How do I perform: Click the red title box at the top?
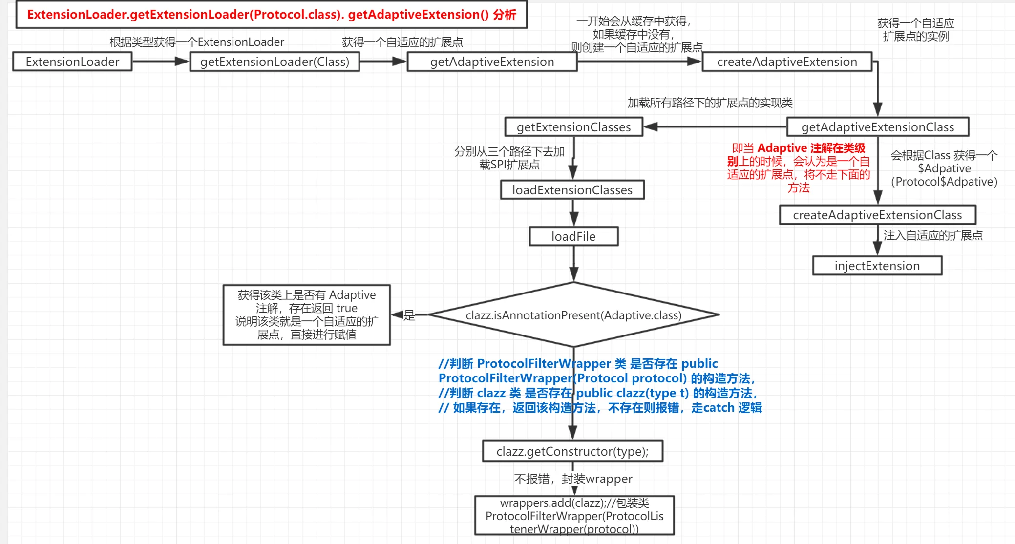(272, 15)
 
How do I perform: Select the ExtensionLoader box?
(72, 62)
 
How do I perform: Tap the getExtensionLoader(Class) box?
(275, 62)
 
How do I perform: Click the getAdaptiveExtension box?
(492, 62)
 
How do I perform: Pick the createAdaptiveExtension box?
(787, 62)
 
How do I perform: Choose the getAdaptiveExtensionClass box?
(877, 127)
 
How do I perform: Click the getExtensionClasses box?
(573, 127)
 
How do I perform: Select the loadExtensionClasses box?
(572, 190)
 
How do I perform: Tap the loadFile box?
(573, 236)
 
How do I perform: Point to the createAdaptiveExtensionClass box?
(877, 215)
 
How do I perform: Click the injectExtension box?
(877, 266)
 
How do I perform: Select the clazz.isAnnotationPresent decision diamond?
(573, 315)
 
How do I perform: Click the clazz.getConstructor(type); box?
(572, 451)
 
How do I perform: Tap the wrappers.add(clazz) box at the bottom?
(574, 516)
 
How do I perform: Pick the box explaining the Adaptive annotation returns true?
(306, 315)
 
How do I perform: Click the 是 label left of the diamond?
(409, 315)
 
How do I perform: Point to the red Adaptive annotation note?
(798, 167)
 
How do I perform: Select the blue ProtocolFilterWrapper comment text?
(600, 385)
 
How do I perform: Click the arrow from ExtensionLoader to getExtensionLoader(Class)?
(160, 62)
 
